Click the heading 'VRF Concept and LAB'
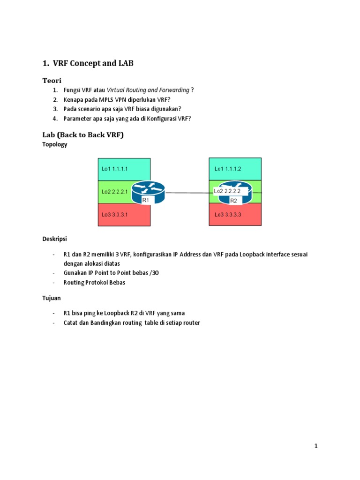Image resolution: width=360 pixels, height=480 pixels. tap(93, 63)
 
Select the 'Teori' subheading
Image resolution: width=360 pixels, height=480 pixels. tap(52, 81)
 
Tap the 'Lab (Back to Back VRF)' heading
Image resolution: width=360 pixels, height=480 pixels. tap(83, 135)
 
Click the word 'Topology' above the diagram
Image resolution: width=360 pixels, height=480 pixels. tap(55, 144)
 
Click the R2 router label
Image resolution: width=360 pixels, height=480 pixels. tap(233, 200)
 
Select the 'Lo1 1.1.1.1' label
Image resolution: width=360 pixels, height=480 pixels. tap(115, 169)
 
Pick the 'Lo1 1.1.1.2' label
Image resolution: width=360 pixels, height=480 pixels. tap(228, 169)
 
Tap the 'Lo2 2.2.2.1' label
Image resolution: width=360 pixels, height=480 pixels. tap(115, 192)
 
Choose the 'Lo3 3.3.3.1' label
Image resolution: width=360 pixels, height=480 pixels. tap(115, 215)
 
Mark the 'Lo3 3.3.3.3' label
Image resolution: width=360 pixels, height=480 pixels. tap(229, 215)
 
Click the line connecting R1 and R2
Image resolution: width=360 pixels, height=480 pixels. tap(187, 192)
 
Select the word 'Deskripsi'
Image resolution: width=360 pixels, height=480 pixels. tap(55, 239)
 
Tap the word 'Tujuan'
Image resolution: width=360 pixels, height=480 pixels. tap(52, 298)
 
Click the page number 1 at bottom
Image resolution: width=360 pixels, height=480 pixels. tap(316, 446)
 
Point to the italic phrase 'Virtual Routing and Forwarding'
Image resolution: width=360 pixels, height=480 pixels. tap(148, 90)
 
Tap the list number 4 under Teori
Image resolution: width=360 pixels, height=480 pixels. tap(55, 119)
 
